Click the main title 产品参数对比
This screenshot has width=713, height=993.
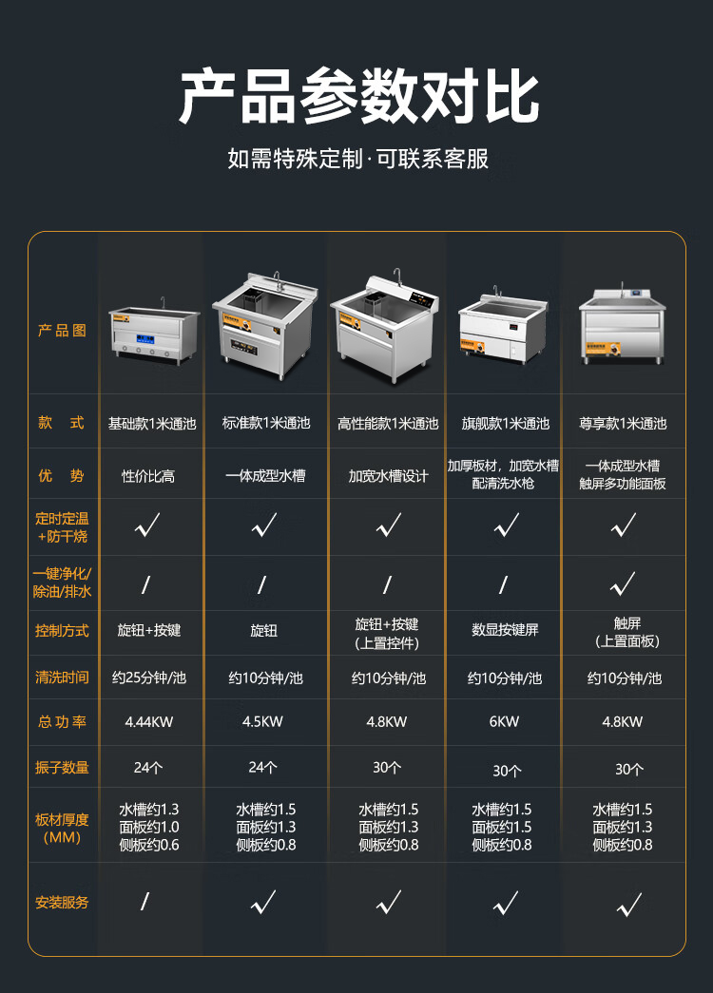(358, 97)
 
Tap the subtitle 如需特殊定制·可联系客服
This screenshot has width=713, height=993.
(358, 159)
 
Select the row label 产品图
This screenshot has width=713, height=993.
(62, 330)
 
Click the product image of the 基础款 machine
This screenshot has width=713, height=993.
(153, 332)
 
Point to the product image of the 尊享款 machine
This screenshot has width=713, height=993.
(622, 324)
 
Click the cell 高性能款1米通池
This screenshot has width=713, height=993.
(388, 423)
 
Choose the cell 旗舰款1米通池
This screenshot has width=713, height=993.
(505, 423)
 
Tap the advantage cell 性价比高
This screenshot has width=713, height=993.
(148, 476)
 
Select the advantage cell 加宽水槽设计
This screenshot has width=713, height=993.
(388, 476)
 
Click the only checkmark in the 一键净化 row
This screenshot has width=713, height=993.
(623, 583)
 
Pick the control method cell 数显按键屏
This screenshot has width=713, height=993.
(505, 629)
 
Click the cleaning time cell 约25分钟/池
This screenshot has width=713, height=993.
(149, 678)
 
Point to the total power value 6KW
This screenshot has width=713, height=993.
(504, 721)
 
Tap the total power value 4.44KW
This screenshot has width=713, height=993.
(149, 721)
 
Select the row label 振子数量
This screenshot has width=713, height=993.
(62, 768)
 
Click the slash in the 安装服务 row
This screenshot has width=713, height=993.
(145, 901)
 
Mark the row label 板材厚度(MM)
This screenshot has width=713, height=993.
(62, 829)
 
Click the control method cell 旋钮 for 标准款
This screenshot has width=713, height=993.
(263, 630)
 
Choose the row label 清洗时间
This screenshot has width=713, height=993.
(62, 677)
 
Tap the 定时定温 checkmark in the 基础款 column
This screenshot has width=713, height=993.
(147, 525)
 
